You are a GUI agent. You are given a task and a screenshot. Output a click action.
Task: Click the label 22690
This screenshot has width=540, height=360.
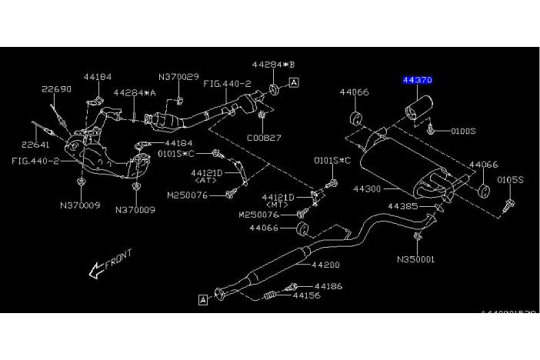coord(56,89)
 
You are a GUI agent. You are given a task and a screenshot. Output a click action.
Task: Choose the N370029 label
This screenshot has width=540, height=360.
coord(178,77)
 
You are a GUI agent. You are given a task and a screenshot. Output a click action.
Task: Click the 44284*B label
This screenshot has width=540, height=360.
coord(272,65)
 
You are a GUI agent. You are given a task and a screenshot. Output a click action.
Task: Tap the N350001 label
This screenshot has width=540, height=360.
coord(415,259)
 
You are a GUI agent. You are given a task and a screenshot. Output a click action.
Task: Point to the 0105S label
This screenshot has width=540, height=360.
coord(509,179)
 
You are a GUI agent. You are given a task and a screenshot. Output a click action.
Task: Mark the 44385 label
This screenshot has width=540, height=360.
coord(402,206)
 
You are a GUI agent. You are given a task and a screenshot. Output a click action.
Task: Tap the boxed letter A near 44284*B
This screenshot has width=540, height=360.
coord(295,82)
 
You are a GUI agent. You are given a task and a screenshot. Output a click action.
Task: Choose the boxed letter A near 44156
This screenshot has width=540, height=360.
coord(202,299)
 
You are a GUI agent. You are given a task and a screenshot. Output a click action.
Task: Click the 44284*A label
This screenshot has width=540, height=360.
coord(135,92)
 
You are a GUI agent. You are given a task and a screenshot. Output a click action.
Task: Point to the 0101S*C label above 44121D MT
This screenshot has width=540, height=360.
coord(332,160)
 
